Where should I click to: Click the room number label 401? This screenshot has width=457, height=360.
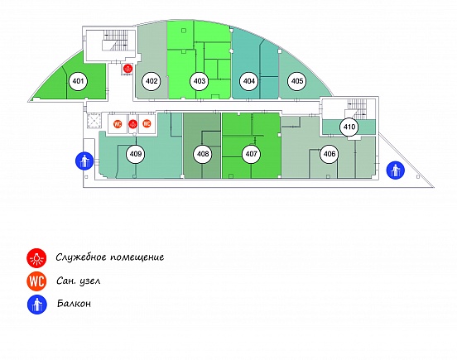coord(78,81)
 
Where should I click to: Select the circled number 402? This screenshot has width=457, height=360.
coord(152,81)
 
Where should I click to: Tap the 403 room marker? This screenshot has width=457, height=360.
coord(200,81)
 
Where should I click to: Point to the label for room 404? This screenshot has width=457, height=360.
coord(248,81)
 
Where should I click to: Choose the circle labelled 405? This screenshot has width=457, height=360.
coord(297,81)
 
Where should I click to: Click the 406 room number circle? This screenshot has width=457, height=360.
coord(330,154)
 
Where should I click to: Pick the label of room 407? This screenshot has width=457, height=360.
coord(251,154)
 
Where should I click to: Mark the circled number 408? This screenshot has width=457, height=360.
coord(203,154)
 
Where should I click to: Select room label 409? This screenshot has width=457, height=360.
coord(136,154)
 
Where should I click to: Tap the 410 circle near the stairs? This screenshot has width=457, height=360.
coord(349,127)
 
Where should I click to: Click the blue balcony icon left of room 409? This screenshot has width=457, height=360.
coord(84,161)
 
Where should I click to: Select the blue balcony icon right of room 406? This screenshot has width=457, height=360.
coord(396,170)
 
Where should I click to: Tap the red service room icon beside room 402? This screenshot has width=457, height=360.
coord(127,69)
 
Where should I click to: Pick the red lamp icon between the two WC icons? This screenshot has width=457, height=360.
coord(133,124)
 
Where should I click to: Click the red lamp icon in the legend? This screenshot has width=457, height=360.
coord(36,257)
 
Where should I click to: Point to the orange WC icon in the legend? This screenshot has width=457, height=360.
coord(36,281)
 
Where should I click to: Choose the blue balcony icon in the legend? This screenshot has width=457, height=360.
coord(37,305)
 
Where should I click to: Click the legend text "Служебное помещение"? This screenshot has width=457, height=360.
coord(110,257)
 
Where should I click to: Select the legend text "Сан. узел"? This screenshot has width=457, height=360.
coord(78,281)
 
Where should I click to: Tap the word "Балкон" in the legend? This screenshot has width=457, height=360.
coord(74,304)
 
